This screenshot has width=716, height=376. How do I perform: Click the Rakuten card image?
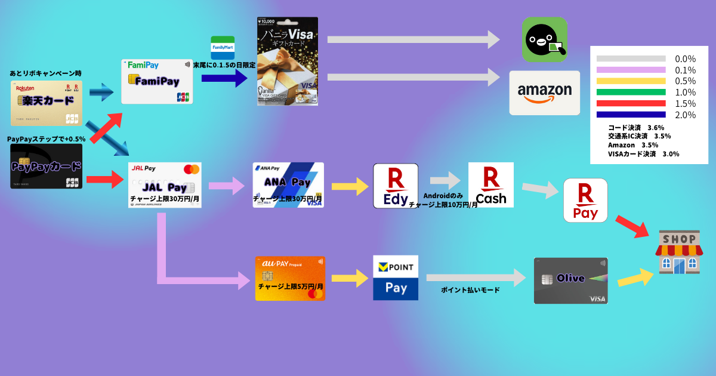point(46,103)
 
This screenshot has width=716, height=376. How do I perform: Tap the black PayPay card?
point(46,166)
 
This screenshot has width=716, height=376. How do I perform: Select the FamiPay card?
point(157,81)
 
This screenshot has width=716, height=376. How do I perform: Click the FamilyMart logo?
point(223,47)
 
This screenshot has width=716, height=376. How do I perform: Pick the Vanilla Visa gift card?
point(288,61)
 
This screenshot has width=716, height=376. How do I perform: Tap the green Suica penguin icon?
point(544,39)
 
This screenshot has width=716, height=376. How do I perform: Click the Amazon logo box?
point(544,93)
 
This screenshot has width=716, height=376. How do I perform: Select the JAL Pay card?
point(165,185)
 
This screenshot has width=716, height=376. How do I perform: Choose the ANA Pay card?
point(288,185)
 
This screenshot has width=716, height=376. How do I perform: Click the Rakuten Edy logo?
point(396,186)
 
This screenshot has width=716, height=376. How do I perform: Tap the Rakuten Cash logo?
point(490,185)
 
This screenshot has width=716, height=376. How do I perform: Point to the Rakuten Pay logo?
point(585,200)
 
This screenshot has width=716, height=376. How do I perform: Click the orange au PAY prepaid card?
point(290,278)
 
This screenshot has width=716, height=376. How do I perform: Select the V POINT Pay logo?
point(396,278)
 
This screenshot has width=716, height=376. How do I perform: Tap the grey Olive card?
point(570,281)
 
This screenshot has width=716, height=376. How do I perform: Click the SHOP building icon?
point(679,252)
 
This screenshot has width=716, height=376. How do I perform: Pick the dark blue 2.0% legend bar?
point(631,115)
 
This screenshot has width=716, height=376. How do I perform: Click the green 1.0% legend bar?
point(631,92)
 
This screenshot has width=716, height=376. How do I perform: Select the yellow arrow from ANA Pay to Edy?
point(349,186)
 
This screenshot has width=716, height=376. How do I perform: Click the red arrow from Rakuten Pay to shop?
point(631,225)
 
